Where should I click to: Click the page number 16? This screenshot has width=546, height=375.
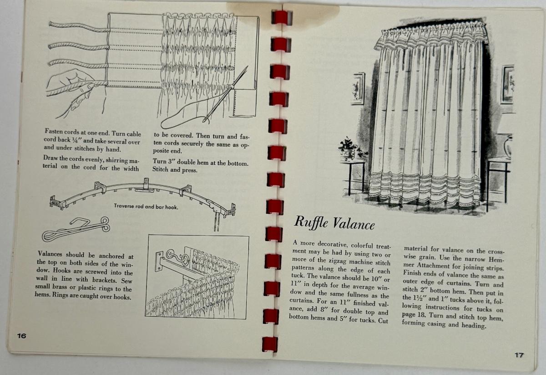(21, 336)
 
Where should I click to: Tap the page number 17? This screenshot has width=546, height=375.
(519, 355)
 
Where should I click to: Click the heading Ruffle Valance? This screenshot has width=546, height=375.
(334, 223)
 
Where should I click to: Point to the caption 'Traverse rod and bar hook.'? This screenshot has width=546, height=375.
(146, 206)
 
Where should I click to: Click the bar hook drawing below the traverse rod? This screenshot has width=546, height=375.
(76, 229)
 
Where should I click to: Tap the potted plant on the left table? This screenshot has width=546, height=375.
(352, 148)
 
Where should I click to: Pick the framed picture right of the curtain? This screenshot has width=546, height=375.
(507, 84)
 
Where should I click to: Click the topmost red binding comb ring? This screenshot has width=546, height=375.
(282, 17)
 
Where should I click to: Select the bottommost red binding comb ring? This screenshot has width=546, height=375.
(270, 344)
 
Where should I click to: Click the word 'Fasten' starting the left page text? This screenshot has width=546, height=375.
(53, 132)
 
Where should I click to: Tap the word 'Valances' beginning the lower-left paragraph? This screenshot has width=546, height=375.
(50, 254)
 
